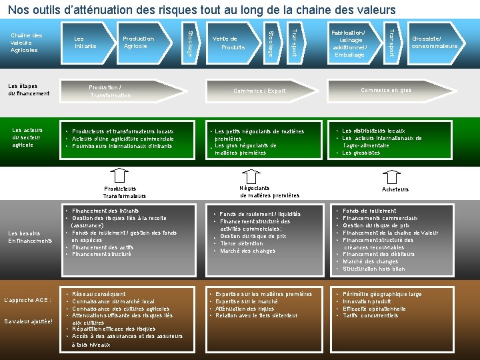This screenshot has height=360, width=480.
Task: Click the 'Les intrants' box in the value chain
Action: (x=85, y=42)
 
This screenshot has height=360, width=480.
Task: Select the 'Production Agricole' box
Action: (x=139, y=42)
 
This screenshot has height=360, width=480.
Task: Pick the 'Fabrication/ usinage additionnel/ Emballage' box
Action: (x=348, y=43)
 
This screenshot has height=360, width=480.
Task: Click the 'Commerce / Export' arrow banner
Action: (x=259, y=91)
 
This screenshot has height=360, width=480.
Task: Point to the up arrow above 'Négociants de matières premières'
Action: (x=256, y=175)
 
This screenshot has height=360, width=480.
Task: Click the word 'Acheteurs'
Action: (x=396, y=189)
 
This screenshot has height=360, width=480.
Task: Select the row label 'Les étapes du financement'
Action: (x=29, y=89)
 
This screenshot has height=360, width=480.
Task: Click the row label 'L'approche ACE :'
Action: (x=27, y=300)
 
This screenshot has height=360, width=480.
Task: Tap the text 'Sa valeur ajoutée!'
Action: (x=29, y=321)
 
